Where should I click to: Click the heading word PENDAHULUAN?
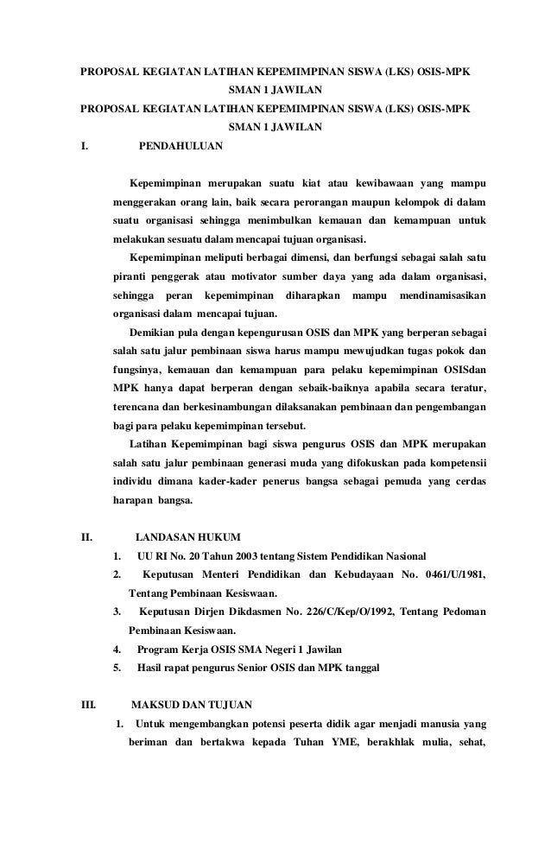[x=180, y=147]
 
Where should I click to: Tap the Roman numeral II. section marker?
[x=86, y=536]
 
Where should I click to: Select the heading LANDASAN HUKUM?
[x=188, y=536]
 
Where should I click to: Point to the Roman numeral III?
[x=88, y=705]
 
